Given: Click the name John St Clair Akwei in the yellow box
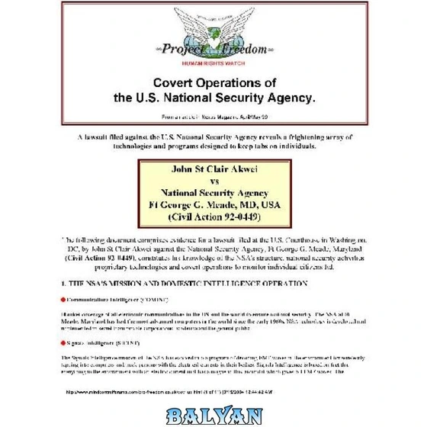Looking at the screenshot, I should click(213, 169).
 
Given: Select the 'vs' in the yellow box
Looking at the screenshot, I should click(213, 181).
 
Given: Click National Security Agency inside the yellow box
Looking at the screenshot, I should click(213, 193).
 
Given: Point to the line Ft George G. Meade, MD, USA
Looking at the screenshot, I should click(213, 205).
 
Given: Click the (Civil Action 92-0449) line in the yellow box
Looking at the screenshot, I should click(213, 217).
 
